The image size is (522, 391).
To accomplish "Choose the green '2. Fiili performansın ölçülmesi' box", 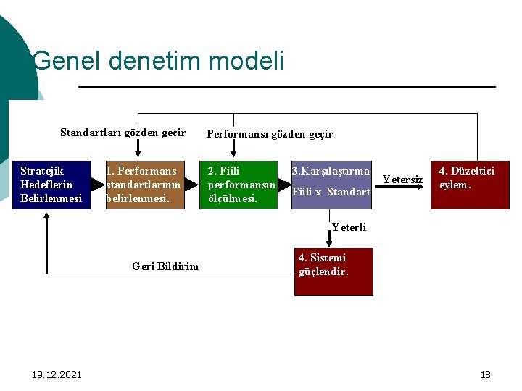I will (239, 185).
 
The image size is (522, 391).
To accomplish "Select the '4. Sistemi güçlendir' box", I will (333, 272).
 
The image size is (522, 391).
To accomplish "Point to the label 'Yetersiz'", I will (402, 179).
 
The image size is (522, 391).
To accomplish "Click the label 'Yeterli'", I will (349, 227).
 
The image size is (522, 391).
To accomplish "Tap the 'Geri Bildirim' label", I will (165, 266).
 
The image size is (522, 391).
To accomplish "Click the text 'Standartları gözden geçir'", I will (123, 133).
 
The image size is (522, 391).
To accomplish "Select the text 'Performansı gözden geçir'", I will (270, 134).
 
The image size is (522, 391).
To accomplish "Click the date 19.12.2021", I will (57, 374).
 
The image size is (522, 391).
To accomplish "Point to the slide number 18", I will (485, 374).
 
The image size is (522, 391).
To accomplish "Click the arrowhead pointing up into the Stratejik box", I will (47, 216).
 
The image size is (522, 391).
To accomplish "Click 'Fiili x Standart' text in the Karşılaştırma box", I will (331, 192).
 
